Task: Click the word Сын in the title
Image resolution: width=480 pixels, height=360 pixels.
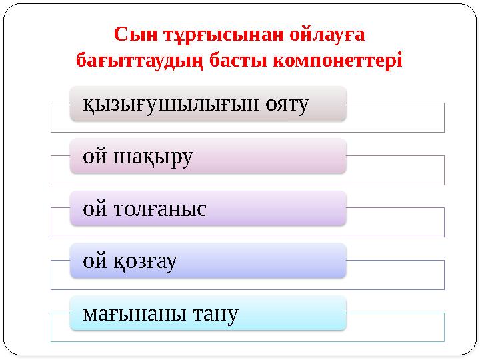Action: pyautogui.click(x=133, y=33)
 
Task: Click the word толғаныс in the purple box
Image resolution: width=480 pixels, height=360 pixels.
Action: pyautogui.click(x=163, y=209)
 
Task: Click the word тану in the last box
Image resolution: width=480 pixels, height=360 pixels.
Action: pyautogui.click(x=215, y=313)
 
